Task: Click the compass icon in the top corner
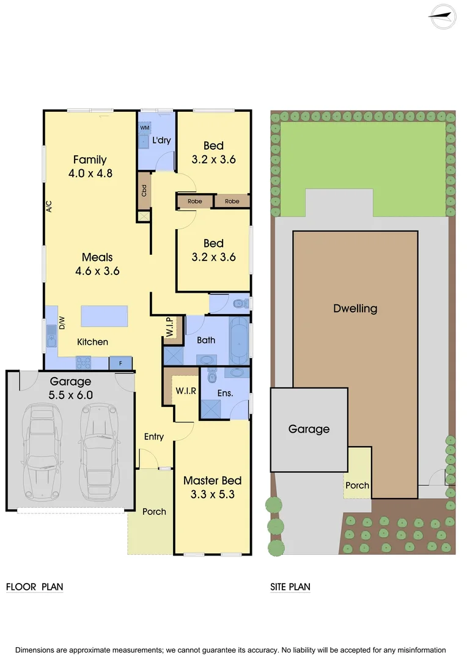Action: coord(443,16)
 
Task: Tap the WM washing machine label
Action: coord(145,128)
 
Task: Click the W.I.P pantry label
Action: coord(170,328)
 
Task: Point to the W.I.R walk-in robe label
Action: coord(186,391)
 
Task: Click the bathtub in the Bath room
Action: coord(239,337)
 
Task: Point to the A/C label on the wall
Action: coord(50,207)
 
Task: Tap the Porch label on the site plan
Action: coord(357,485)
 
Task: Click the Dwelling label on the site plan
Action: coord(355,309)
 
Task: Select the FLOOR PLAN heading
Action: coord(35,587)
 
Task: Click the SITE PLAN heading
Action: coord(290,587)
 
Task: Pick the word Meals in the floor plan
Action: coord(97,257)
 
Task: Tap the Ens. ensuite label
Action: coord(225,393)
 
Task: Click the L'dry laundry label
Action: coord(161,141)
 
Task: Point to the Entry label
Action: coord(154,436)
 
